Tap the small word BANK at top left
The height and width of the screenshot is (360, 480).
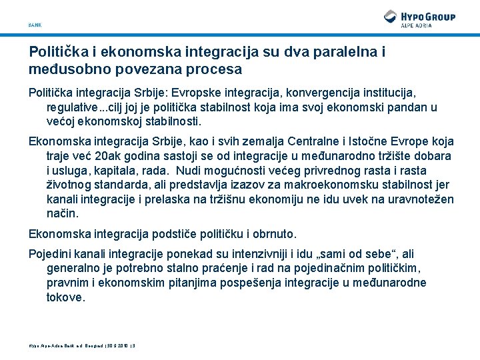coord(35,25)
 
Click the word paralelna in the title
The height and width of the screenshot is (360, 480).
coord(317,51)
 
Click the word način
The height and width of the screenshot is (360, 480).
coord(62,214)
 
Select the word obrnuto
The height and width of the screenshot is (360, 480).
coord(273,234)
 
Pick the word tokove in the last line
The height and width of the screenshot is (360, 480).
coord(66,297)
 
